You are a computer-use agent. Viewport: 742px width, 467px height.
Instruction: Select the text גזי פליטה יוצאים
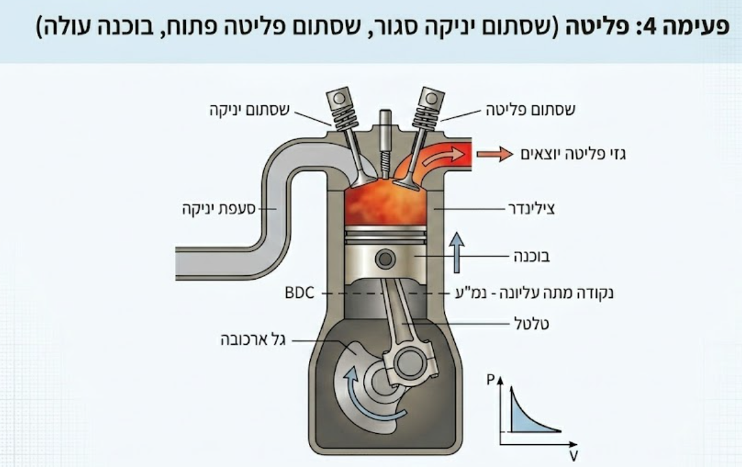(x=573, y=154)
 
